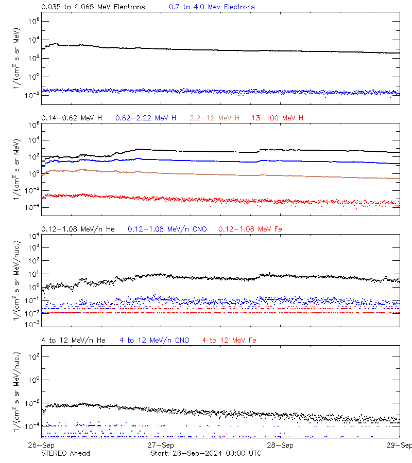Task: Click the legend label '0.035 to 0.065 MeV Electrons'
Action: point(93,7)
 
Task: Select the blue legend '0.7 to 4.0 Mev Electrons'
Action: point(212,7)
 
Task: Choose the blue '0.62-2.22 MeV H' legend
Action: point(146,118)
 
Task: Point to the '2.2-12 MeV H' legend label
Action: point(214,118)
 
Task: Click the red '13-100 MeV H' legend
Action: point(278,118)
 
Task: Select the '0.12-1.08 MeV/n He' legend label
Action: point(79,229)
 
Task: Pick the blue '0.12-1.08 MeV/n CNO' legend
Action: point(167,229)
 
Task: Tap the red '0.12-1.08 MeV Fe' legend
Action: point(250,229)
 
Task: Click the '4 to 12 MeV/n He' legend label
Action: point(73,340)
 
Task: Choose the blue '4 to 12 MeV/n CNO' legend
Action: point(154,340)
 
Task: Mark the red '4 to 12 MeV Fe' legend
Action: point(229,340)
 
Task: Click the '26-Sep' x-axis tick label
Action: point(42,445)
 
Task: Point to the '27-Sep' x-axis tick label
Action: point(161,445)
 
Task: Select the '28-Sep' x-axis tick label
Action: point(280,445)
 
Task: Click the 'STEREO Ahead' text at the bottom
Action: point(65,453)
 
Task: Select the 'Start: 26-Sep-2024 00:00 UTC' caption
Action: point(205,453)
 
